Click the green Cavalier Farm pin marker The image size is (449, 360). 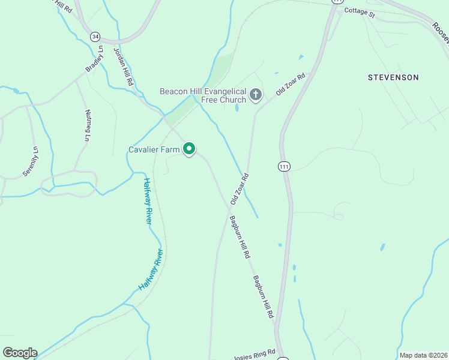[x=189, y=148]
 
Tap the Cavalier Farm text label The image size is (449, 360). [x=155, y=149]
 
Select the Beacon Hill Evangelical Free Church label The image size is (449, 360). [x=203, y=95]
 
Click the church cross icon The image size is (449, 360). [x=256, y=94]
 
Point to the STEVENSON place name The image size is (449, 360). [x=393, y=77]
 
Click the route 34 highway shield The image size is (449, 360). [x=95, y=37]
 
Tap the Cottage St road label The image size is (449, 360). [x=360, y=13]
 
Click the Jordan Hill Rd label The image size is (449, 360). [x=122, y=66]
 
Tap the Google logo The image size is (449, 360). [x=20, y=353]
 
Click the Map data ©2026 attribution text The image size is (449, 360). [x=423, y=355]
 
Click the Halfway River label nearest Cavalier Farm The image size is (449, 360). [x=148, y=201]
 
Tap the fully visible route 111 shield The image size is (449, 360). [x=284, y=166]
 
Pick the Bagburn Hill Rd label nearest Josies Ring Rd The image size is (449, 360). [x=263, y=296]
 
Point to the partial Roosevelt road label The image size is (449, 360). [x=441, y=34]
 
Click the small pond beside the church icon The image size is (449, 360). [x=237, y=109]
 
